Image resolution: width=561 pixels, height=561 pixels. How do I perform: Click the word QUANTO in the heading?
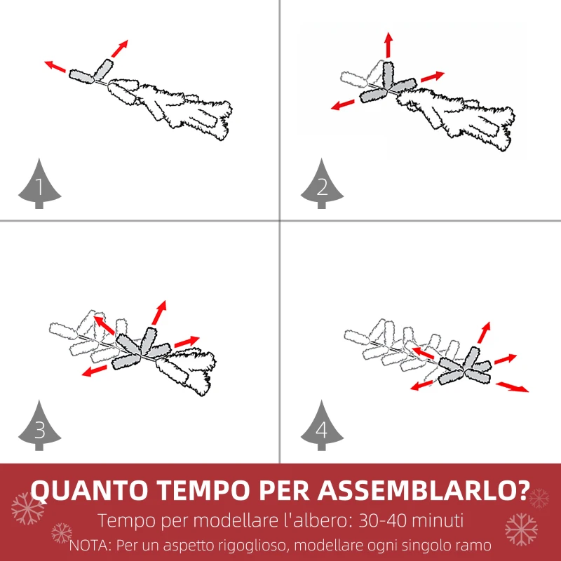(90, 489)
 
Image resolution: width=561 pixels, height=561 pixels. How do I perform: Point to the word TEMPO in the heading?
(203, 489)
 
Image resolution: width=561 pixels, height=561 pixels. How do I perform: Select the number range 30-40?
(381, 520)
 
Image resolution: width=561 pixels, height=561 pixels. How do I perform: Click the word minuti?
(436, 520)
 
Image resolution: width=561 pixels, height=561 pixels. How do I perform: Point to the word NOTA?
(90, 546)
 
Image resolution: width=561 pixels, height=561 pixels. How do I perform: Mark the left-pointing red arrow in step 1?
(55, 67)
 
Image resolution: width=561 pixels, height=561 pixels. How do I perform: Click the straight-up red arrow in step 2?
(389, 45)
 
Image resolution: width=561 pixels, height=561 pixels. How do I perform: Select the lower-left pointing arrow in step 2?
(343, 104)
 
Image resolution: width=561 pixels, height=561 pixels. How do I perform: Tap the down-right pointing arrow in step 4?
(512, 387)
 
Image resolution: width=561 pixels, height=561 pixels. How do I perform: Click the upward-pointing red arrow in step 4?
(484, 332)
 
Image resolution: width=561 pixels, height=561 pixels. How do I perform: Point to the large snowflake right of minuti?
(521, 529)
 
